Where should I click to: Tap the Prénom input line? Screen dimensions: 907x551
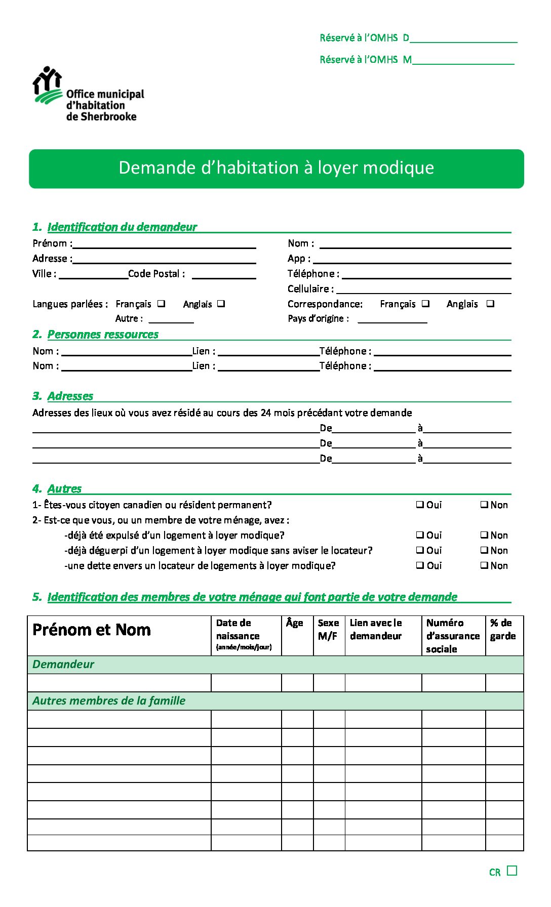tap(164, 244)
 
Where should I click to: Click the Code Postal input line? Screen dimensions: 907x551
tap(224, 274)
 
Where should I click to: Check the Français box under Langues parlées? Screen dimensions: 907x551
tap(161, 304)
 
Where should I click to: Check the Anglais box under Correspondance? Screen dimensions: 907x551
tap(490, 304)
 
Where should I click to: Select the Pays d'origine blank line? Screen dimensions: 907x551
tap(392, 319)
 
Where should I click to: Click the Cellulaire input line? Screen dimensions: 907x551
tap(423, 290)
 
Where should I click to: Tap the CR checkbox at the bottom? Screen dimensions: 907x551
tap(512, 871)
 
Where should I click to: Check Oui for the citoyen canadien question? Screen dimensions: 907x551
tap(420, 505)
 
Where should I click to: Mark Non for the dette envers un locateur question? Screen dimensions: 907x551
tap(484, 565)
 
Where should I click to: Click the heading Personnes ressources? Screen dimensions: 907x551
tap(103, 335)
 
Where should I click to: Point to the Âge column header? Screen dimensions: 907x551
tap(295, 623)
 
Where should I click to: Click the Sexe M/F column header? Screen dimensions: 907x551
tap(328, 629)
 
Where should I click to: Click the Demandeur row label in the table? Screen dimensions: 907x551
tap(63, 665)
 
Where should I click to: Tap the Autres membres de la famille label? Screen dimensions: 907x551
tap(109, 701)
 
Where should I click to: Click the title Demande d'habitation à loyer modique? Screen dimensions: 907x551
tap(276, 168)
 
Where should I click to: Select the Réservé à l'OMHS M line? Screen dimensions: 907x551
tap(463, 60)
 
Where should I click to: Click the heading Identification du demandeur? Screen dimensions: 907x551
tap(122, 227)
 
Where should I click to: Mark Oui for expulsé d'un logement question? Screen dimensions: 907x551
tap(420, 535)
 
